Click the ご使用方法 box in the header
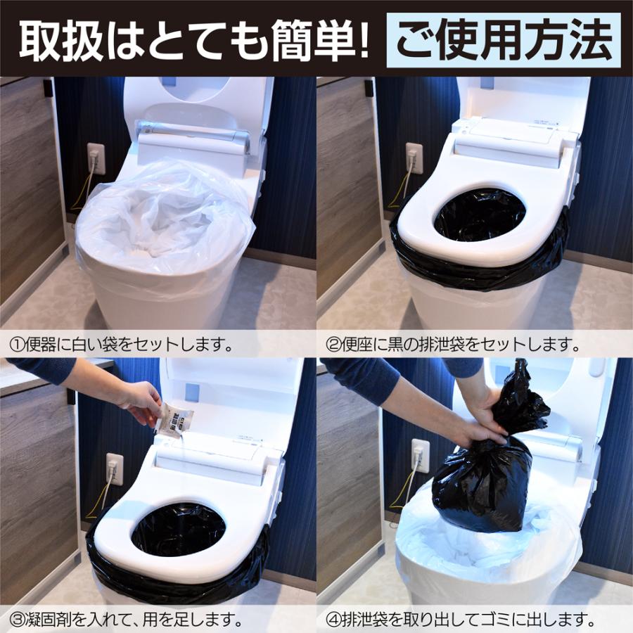pyautogui.click(x=503, y=41)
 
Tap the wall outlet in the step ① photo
pyautogui.click(x=95, y=159)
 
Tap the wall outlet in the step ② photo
pyautogui.click(x=414, y=158)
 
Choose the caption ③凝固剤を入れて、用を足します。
pyautogui.click(x=127, y=621)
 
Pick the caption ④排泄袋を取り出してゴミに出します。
pyautogui.click(x=461, y=621)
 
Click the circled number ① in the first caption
pyautogui.click(x=16, y=345)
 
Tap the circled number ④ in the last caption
pyautogui.click(x=333, y=621)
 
